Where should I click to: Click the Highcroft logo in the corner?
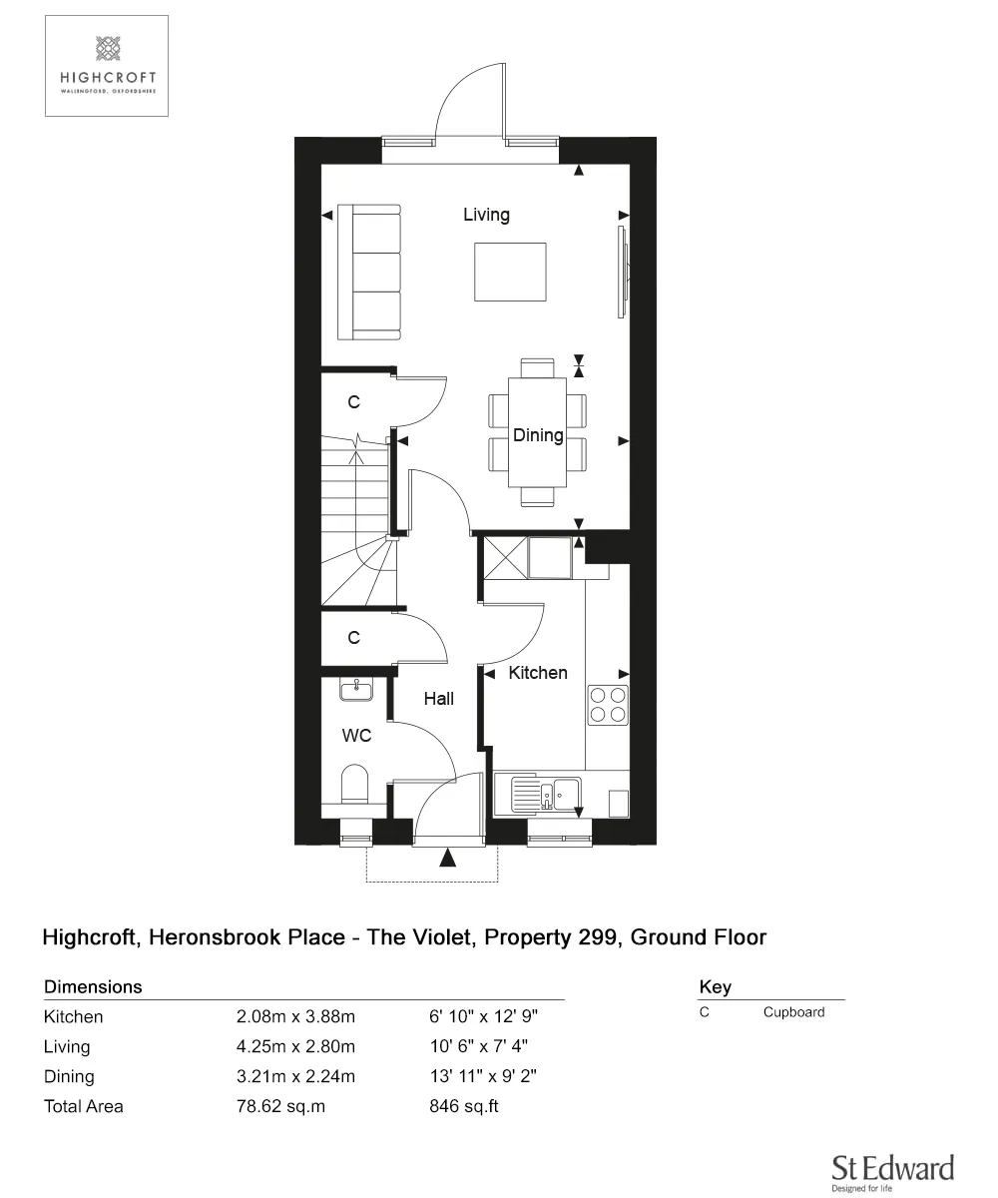106,66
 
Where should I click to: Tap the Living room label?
486,215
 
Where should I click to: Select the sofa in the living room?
369,272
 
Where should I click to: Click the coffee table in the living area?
510,272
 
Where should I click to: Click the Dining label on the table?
538,435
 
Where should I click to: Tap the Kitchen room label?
538,673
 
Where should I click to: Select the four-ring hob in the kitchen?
608,704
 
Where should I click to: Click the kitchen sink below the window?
546,795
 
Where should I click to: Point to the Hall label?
438,699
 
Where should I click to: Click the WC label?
357,736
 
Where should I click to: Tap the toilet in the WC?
354,784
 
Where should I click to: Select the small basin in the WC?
355,689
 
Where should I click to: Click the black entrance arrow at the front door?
447,857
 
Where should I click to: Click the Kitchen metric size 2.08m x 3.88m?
295,1017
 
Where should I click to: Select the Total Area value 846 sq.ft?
463,1106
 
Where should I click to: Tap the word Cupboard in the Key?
793,1012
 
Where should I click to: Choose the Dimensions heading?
93,987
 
